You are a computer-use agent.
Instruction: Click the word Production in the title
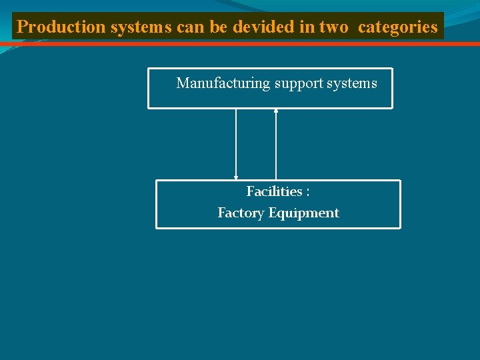coord(61,27)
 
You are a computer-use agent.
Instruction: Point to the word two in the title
coord(333,27)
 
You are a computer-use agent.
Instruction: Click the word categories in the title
coord(398,27)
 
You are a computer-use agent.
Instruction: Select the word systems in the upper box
coord(353,83)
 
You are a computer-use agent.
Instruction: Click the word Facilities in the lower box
coord(274,191)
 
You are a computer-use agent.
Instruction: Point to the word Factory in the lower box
coord(241,213)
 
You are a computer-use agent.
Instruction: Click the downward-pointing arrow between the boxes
coord(236,143)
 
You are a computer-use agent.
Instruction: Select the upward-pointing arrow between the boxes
coord(276,143)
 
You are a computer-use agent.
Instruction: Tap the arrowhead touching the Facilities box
coord(236,177)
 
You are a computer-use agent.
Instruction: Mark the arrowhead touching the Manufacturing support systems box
coord(276,111)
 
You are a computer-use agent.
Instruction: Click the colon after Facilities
coord(307,192)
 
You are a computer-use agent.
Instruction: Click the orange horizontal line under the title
coord(240,44)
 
